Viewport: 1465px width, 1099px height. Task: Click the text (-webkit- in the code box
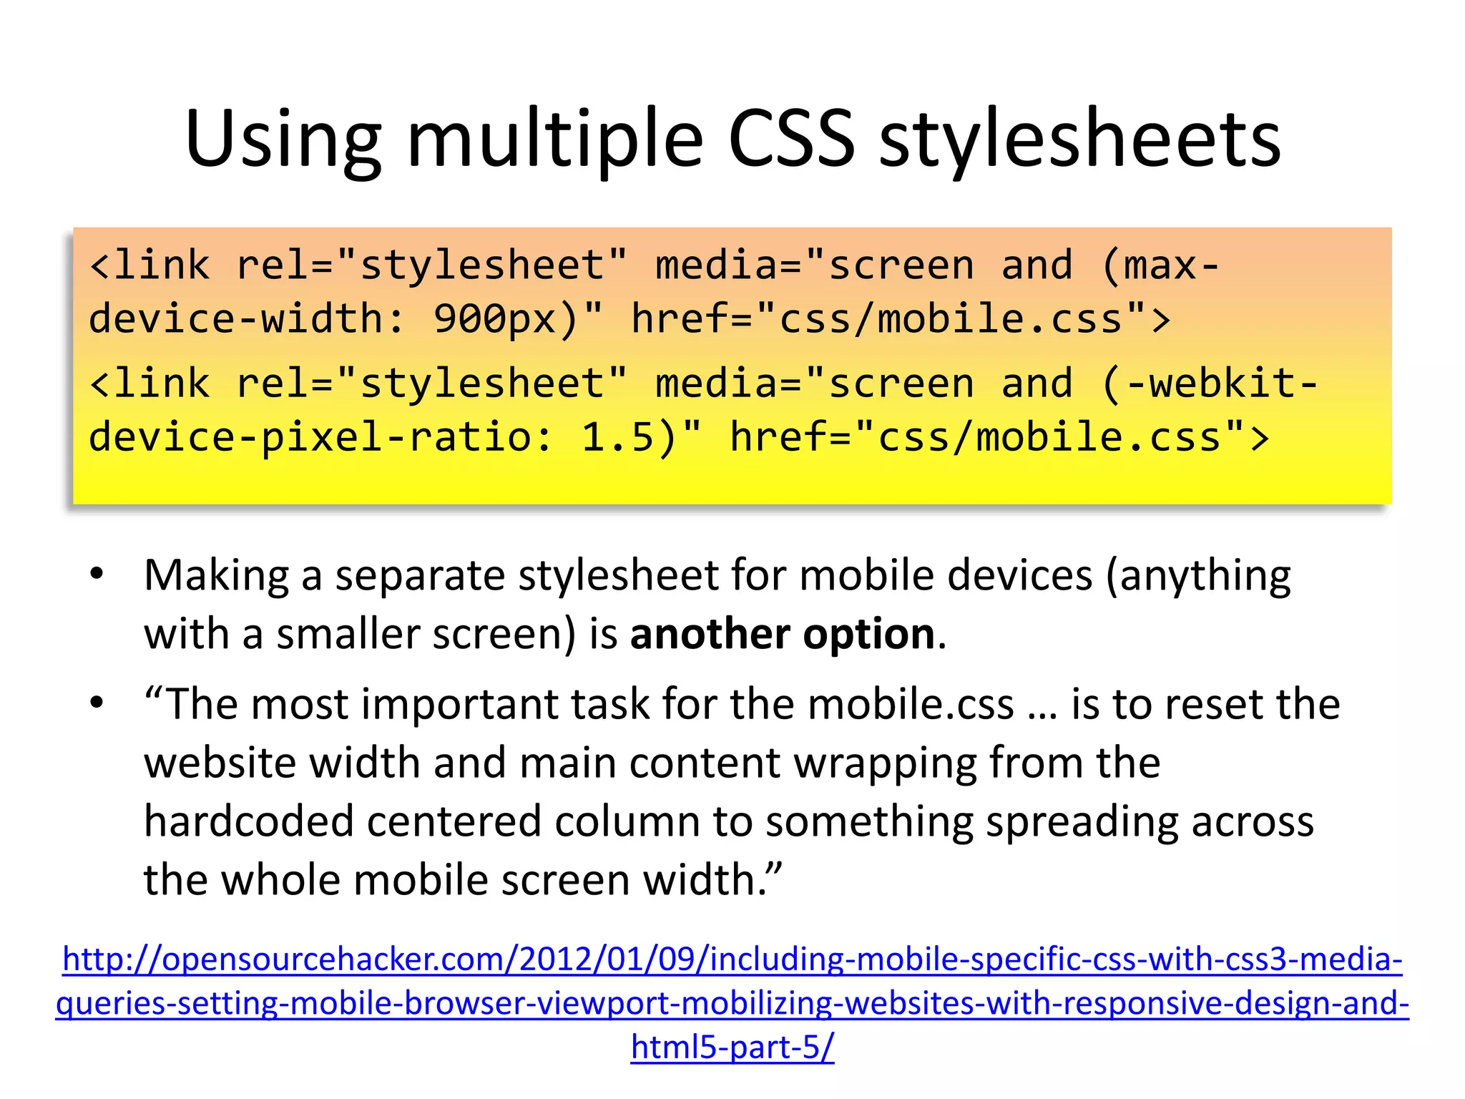pyautogui.click(x=1209, y=384)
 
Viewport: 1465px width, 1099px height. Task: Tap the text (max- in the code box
pyautogui.click(x=1160, y=266)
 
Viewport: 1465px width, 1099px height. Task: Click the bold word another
pyautogui.click(x=710, y=635)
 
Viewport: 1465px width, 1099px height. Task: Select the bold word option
pyautogui.click(x=869, y=635)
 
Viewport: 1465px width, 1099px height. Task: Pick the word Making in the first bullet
pyautogui.click(x=216, y=576)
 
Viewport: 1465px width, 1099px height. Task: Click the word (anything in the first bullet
pyautogui.click(x=1198, y=576)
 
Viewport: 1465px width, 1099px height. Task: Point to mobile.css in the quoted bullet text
pyautogui.click(x=911, y=705)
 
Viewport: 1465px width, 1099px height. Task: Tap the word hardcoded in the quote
pyautogui.click(x=249, y=821)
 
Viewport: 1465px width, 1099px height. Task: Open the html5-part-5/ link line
pyautogui.click(x=732, y=1047)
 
